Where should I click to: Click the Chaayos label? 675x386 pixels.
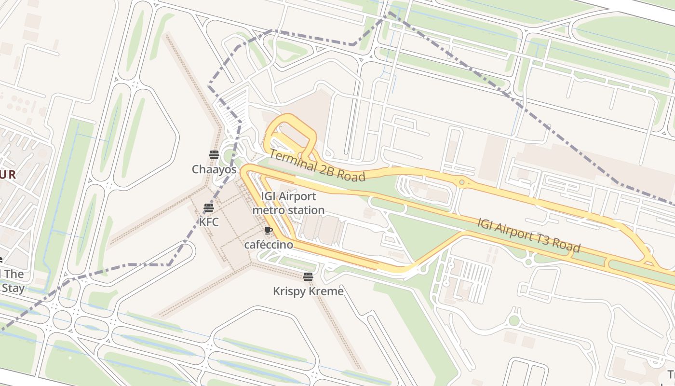click(x=214, y=169)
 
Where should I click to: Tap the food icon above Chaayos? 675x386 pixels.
click(x=214, y=155)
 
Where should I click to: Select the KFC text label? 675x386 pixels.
click(x=209, y=222)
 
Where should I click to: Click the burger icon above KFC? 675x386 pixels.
click(x=209, y=208)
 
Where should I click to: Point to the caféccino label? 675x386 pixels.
click(x=269, y=245)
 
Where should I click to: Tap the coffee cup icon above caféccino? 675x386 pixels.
click(x=269, y=230)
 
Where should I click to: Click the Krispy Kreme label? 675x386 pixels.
click(x=308, y=291)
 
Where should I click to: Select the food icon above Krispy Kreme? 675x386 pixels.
click(x=308, y=277)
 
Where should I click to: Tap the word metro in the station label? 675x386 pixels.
click(x=269, y=210)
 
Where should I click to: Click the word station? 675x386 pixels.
click(x=306, y=210)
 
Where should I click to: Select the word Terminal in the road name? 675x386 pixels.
click(x=292, y=161)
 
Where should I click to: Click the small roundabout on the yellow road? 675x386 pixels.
click(x=461, y=182)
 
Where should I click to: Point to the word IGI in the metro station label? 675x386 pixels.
click(x=269, y=196)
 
